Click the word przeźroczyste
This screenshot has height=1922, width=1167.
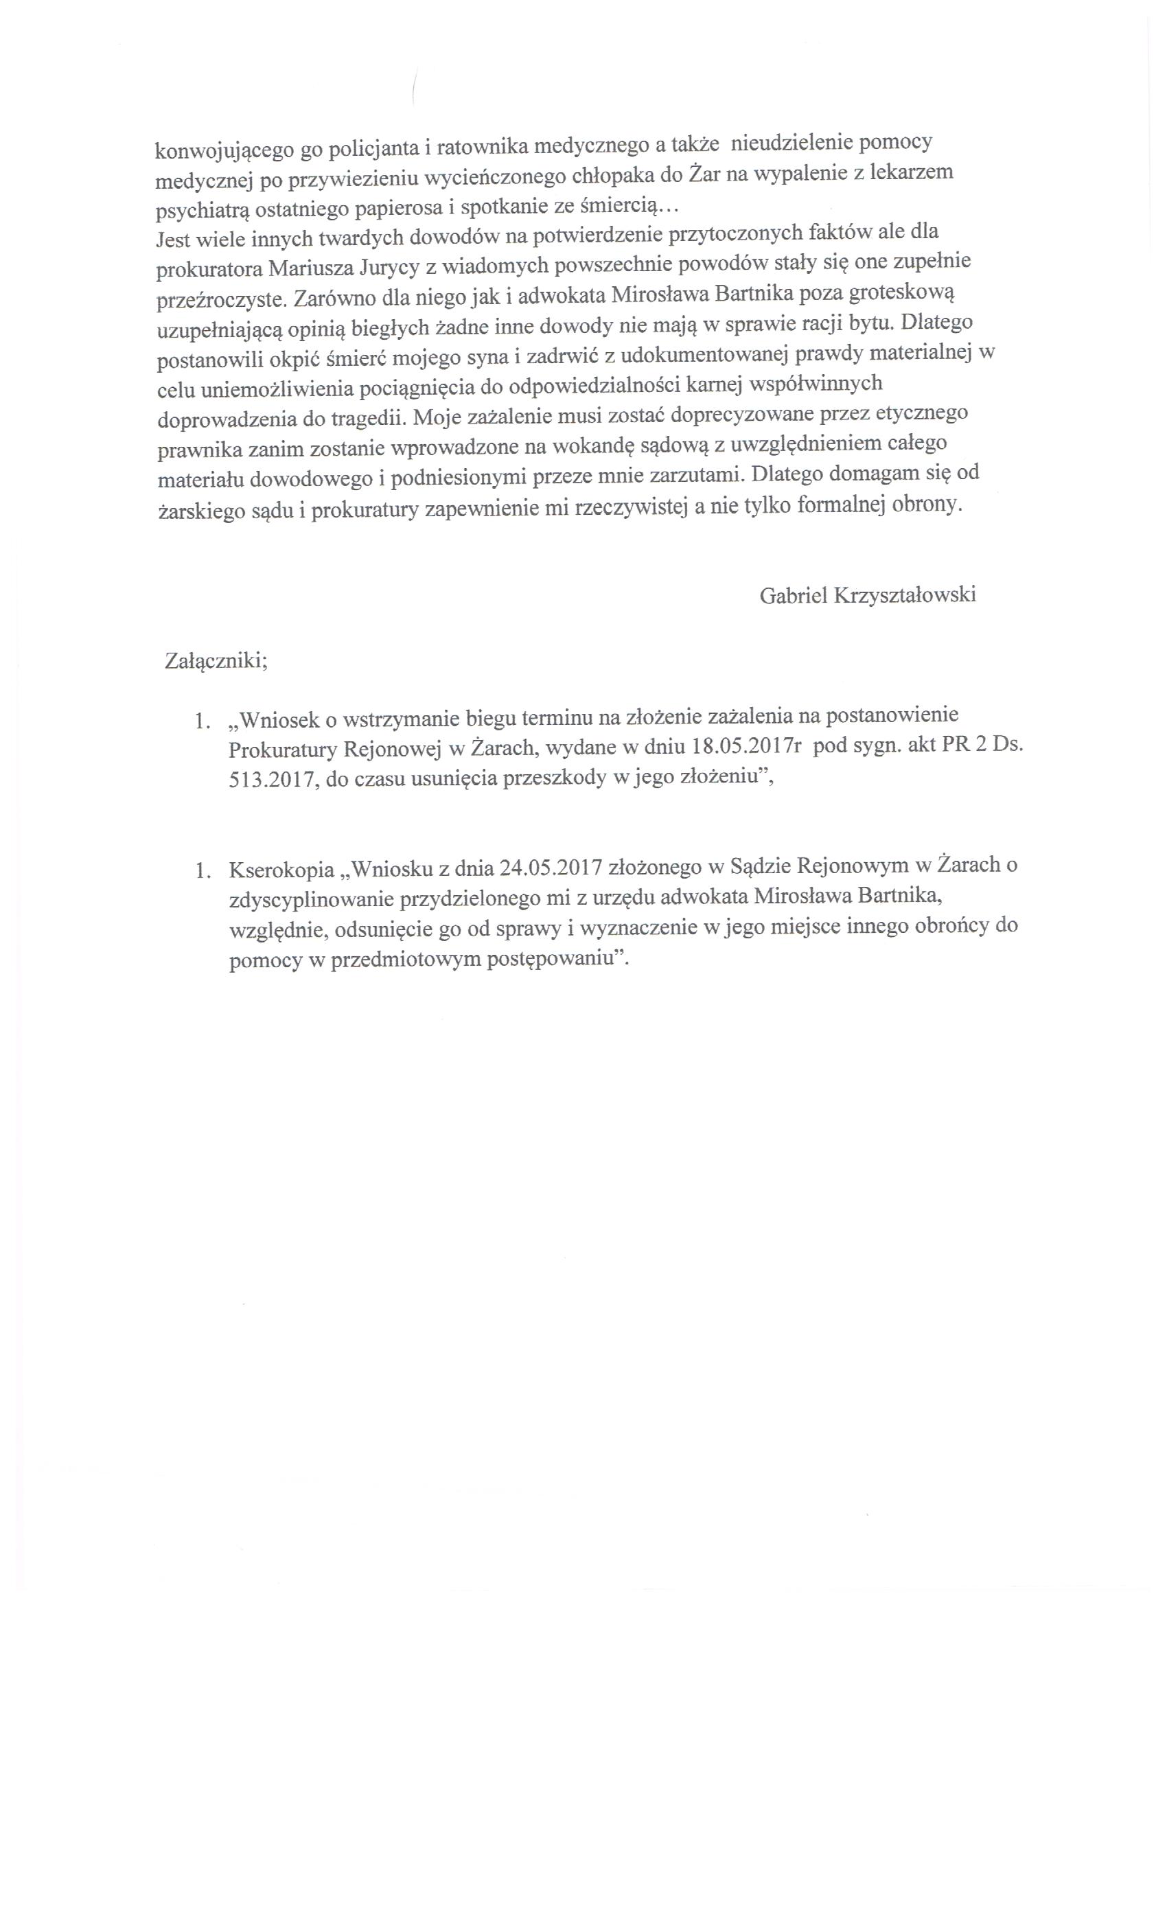pyautogui.click(x=218, y=301)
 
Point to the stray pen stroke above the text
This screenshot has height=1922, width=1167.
pyautogui.click(x=413, y=86)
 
